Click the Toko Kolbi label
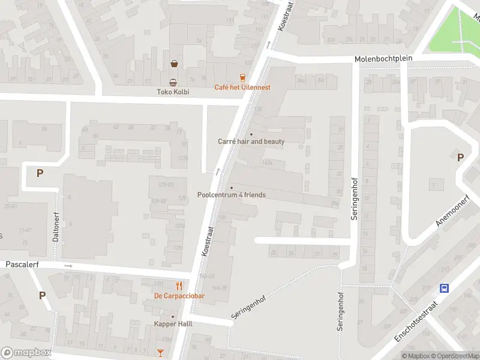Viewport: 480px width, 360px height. tap(173, 92)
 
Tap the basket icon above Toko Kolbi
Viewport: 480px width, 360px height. tap(174, 63)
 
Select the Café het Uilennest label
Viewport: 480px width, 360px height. tap(242, 87)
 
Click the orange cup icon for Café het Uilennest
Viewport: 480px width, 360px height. tap(242, 77)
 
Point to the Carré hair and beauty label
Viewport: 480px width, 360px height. tap(251, 142)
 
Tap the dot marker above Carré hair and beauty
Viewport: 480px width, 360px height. tap(251, 134)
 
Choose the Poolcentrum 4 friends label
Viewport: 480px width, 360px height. tap(231, 195)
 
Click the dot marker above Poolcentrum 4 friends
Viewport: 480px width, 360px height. tap(231, 188)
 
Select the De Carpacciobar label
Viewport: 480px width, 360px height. tap(179, 296)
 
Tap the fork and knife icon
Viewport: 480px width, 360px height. tap(179, 286)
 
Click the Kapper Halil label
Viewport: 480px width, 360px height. tap(173, 324)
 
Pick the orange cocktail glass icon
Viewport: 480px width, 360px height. tap(160, 352)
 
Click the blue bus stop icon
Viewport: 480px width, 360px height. tap(444, 288)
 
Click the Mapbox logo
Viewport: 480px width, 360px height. tap(26, 353)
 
